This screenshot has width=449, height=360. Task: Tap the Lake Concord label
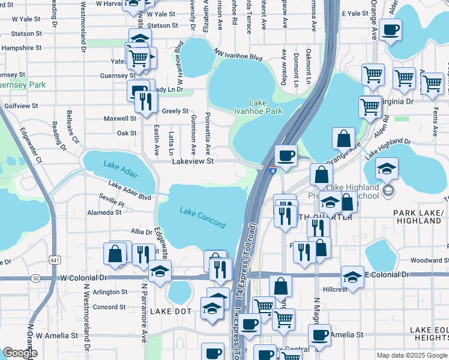(x=203, y=217)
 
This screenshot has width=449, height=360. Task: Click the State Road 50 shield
(x=36, y=278)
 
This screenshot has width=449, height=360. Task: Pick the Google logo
(x=20, y=353)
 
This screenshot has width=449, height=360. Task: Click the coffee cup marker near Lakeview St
(x=286, y=155)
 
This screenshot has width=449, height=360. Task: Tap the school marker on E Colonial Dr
(x=352, y=277)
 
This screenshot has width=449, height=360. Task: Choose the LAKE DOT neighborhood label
(x=170, y=311)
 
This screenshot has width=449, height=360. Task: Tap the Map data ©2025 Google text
(x=411, y=355)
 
